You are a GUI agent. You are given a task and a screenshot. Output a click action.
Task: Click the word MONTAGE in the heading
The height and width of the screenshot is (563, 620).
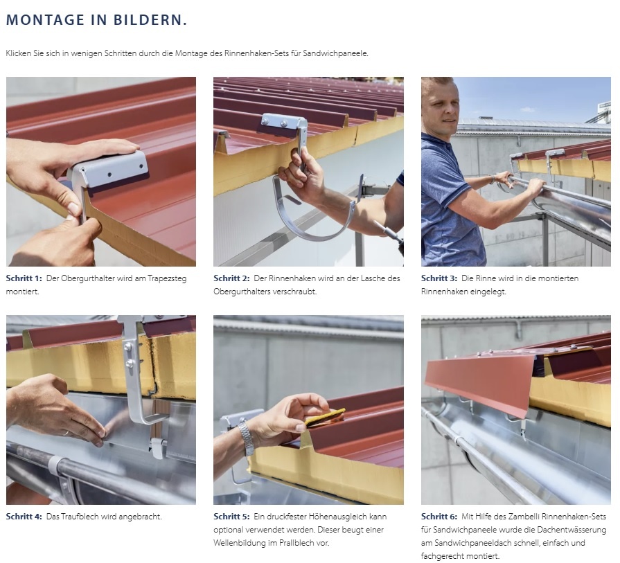pyautogui.click(x=45, y=20)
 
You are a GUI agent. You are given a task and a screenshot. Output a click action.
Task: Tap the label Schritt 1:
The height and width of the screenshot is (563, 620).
pyautogui.click(x=24, y=278)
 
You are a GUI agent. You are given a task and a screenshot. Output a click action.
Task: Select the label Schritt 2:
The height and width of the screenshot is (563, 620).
pyautogui.click(x=231, y=278)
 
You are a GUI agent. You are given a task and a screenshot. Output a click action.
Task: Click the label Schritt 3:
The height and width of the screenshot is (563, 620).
pyautogui.click(x=439, y=278)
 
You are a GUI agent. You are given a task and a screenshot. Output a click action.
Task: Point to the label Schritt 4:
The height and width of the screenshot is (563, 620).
pyautogui.click(x=24, y=517)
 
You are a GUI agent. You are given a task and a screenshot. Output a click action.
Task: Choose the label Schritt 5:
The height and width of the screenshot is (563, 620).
pyautogui.click(x=231, y=517)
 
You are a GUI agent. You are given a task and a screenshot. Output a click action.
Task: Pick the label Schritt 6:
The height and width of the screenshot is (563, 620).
pyautogui.click(x=439, y=517)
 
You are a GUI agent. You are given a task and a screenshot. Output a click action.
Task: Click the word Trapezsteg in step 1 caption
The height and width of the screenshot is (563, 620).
pyautogui.click(x=167, y=279)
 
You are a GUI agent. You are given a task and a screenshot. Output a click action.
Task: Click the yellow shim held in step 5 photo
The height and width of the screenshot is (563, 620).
pyautogui.click(x=325, y=418)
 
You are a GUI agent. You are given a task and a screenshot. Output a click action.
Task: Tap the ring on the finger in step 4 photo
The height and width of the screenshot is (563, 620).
pyautogui.click(x=66, y=433)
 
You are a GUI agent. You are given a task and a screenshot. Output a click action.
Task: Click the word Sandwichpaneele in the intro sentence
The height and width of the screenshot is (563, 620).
pyautogui.click(x=335, y=53)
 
